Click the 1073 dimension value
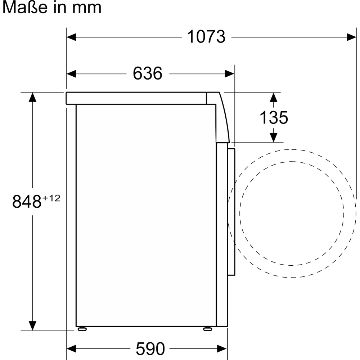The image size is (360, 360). coord(206,37)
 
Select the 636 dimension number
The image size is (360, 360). coord(147,73)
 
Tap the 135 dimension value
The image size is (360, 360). coord(274,117)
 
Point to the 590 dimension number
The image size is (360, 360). coord(150,348)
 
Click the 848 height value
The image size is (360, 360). coord(27,201)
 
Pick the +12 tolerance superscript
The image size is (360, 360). coord(51,198)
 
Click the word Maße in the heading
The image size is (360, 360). coord(25,7)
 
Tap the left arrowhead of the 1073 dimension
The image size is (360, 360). coord(71,37)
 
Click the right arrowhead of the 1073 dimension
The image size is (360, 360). coord(351,37)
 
